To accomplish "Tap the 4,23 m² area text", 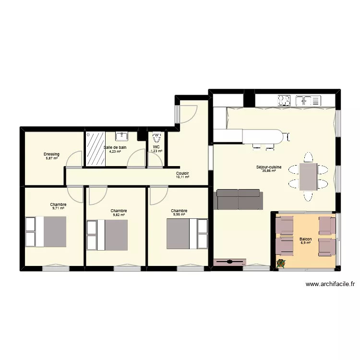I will click(115, 152).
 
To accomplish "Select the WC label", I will click(156, 147).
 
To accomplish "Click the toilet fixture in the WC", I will click(156, 136).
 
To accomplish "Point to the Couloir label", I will click(182, 173).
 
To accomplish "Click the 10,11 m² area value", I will click(182, 177).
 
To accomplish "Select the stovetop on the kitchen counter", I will click(284, 100).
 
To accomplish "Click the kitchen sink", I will click(304, 100).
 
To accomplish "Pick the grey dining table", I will click(308, 177).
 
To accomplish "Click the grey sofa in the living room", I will click(239, 199).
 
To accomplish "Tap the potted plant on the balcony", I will click(281, 263).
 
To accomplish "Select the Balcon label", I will click(305, 239).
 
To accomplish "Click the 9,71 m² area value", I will click(58, 208).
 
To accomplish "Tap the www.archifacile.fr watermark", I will click(330, 284).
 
